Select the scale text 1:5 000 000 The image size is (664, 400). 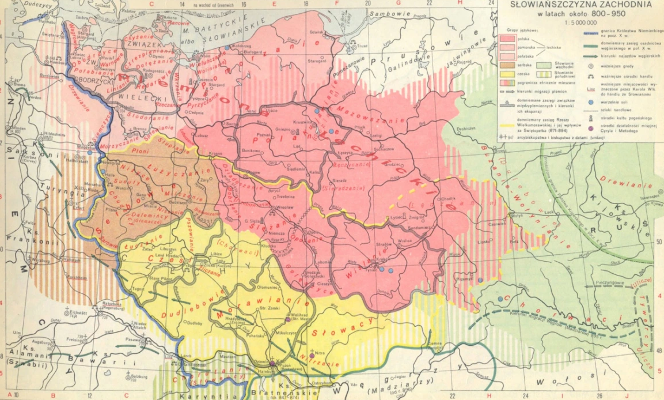click(x=580, y=22)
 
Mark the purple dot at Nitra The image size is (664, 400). click(x=312, y=356)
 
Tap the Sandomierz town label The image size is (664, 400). click(x=424, y=228)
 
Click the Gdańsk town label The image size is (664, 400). click(x=316, y=32)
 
